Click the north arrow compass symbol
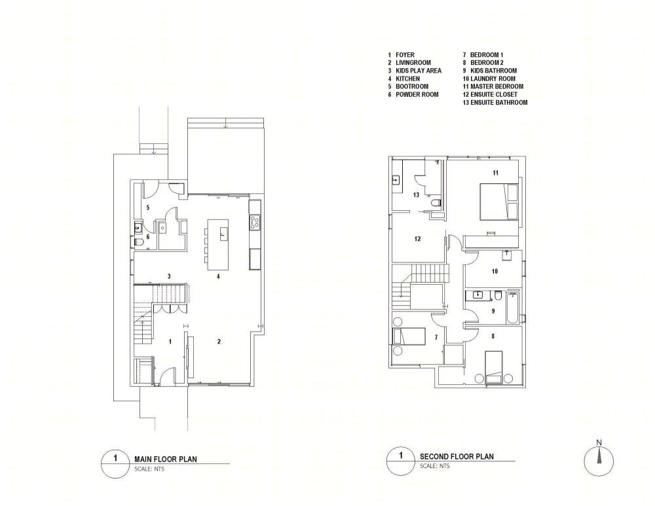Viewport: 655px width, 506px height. coord(599,461)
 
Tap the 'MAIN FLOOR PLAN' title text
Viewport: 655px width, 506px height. coord(166,459)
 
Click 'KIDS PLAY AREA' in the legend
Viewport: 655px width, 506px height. coord(418,71)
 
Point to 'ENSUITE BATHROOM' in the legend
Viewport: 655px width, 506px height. coord(498,102)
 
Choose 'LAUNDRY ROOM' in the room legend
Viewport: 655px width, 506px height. coord(493,79)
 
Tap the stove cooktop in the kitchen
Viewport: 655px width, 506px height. coord(255,222)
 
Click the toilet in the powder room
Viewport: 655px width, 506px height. coord(138,242)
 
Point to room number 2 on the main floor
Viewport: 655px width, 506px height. coord(219,342)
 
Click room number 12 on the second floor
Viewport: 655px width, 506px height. coord(417,239)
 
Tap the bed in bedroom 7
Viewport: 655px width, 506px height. coord(409,336)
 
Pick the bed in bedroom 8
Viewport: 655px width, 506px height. coord(493,367)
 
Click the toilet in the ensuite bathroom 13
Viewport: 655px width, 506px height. coord(436,203)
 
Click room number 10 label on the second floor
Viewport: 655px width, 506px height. coord(495,272)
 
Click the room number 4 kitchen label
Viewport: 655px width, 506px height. coord(218,276)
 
